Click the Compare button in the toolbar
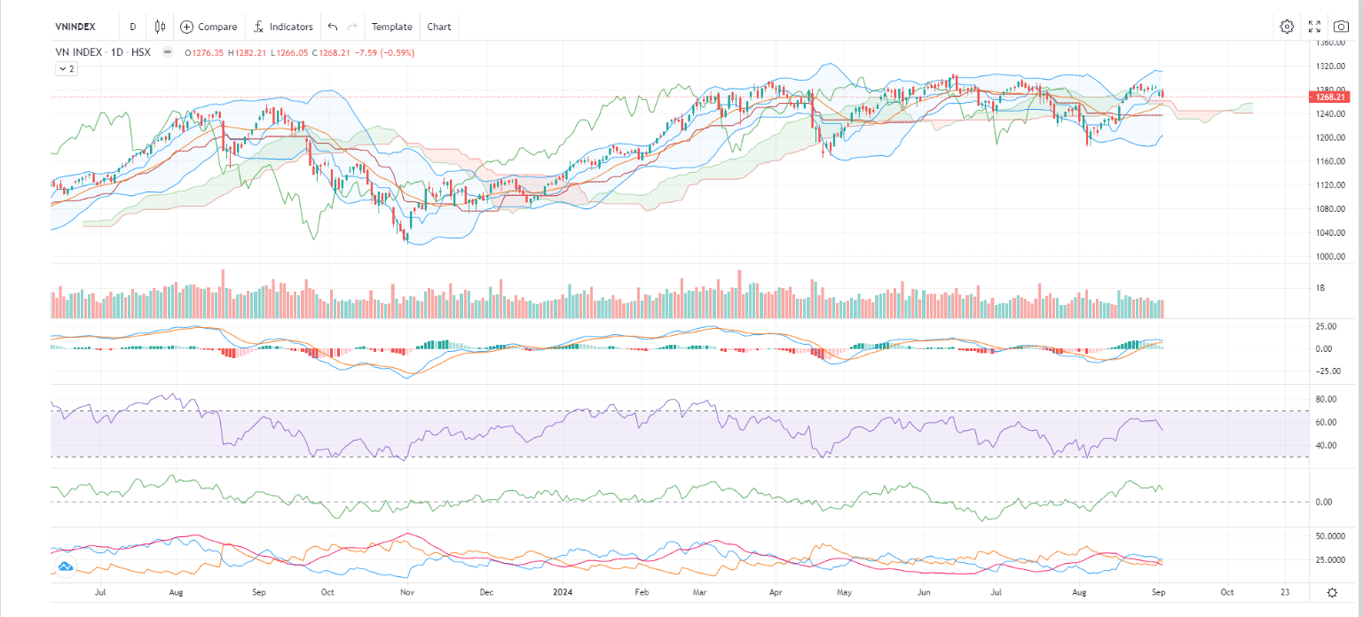coord(209,27)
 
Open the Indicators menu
coord(282,27)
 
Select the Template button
coord(391,27)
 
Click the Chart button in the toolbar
coord(439,27)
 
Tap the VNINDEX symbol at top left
coord(75,27)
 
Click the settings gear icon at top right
coord(1287,27)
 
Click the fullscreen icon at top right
coord(1315,27)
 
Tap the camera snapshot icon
coord(1341,27)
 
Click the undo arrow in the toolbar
coord(333,27)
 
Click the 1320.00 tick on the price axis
coord(1329,66)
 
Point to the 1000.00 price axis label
coord(1329,256)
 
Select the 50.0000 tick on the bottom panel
coord(1328,536)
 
